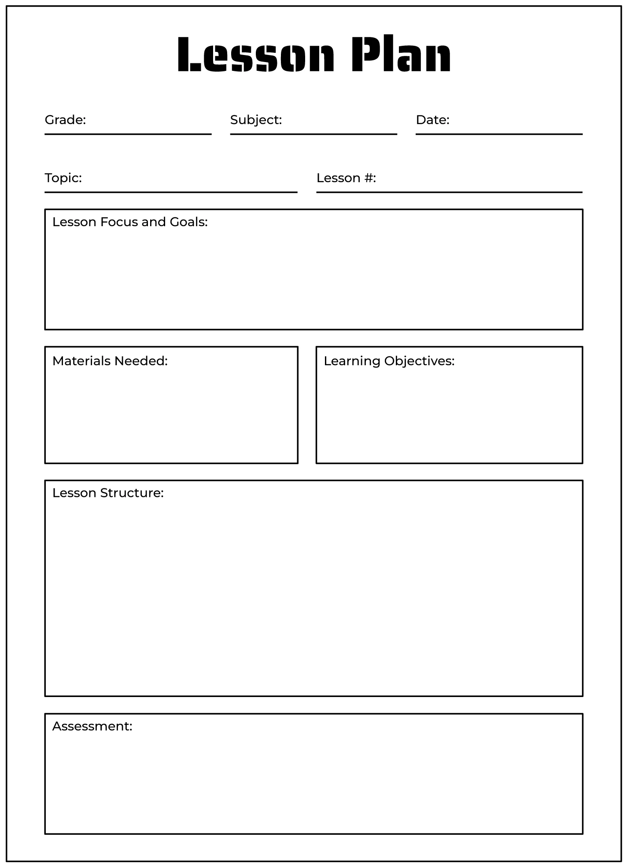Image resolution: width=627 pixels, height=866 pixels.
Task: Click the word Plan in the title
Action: point(401,55)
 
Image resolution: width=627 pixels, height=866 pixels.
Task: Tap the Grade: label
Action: point(65,120)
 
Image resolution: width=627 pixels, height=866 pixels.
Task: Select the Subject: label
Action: point(256,120)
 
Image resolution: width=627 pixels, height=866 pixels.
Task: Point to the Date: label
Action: point(432,120)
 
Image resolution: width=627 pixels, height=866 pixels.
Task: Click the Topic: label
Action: point(63,178)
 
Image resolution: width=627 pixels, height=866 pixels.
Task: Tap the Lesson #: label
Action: point(346,178)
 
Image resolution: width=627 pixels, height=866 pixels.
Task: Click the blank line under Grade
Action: point(128,134)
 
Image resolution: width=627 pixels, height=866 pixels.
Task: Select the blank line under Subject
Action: point(313,134)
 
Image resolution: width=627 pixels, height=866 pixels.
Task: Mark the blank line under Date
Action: point(499,134)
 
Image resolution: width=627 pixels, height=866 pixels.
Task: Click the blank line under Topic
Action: point(171,192)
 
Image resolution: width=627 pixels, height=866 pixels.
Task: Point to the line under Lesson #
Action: point(449,192)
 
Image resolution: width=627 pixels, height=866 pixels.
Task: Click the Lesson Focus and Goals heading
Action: point(130,222)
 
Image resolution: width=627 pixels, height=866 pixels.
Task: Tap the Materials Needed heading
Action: point(110,361)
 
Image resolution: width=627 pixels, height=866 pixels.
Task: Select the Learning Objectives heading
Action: point(389,361)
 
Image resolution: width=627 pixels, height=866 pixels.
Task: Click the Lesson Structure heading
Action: point(108,493)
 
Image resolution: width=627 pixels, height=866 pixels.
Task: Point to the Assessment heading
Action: point(92,726)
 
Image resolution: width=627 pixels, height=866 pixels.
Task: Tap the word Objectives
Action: point(419,361)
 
